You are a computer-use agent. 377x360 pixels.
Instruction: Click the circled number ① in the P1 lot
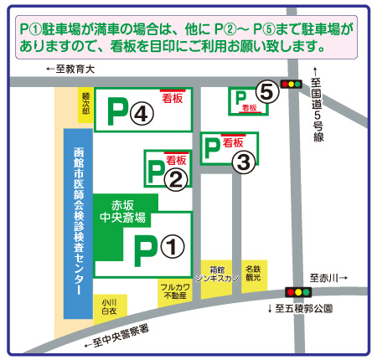click(x=171, y=246)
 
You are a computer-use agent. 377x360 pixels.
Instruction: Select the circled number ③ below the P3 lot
click(x=242, y=162)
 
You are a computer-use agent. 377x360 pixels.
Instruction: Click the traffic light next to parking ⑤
click(x=291, y=84)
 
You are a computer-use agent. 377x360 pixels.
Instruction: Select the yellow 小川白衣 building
click(x=109, y=306)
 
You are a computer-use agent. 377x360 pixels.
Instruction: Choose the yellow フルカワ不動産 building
click(x=175, y=291)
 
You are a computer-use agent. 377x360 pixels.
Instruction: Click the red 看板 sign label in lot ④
click(x=173, y=95)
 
